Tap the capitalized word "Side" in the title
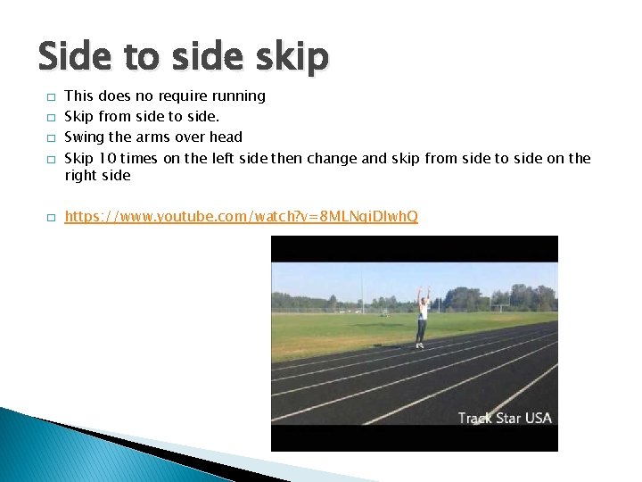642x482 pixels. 76,57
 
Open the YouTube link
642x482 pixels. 241,217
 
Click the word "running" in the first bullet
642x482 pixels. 238,96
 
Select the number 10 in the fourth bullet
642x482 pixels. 107,158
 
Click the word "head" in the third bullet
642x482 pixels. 225,137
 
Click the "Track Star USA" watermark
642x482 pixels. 505,418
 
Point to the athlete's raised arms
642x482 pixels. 423,294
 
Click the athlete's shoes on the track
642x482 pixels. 419,345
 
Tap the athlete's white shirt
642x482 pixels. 423,312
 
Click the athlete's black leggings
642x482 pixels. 421,330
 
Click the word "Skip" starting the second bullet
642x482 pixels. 79,116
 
